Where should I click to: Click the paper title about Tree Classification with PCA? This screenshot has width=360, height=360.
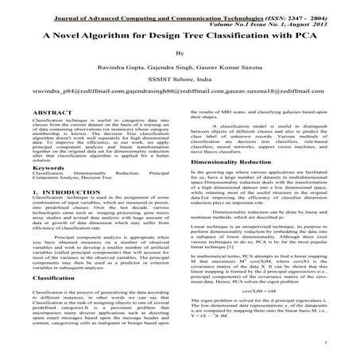180,37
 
